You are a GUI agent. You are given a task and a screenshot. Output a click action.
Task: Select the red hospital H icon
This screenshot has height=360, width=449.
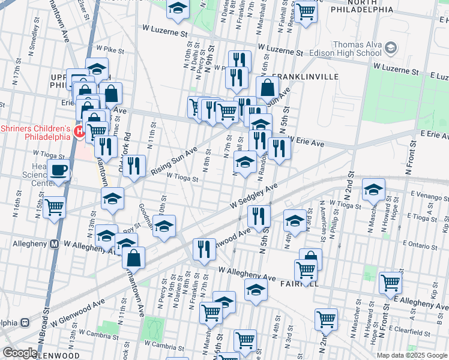coord(79,131)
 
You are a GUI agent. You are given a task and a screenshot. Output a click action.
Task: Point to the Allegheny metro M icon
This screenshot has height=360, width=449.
coord(54,244)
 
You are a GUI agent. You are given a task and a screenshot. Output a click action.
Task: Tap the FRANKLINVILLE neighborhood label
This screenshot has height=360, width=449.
coord(305,77)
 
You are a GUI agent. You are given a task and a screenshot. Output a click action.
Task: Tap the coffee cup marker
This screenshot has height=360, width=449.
coord(58,170)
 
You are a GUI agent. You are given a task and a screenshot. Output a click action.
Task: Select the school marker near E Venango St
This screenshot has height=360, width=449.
coord(373,190)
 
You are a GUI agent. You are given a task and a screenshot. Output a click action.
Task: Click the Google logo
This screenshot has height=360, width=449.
coord(19,353)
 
